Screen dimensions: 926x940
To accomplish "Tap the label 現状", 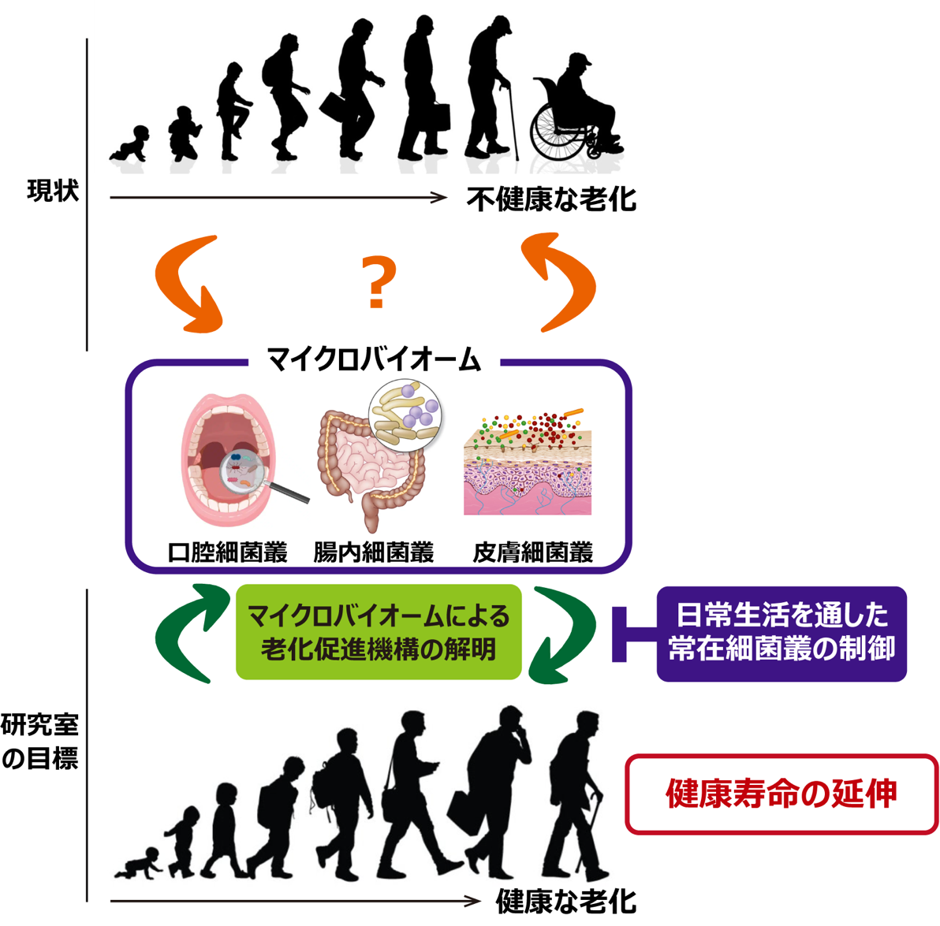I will coord(52,191).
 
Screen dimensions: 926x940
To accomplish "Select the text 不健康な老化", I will coord(551,199).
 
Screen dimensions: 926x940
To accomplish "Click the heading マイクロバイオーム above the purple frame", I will coord(374,360).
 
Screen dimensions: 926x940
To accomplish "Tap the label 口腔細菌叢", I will coord(227,552).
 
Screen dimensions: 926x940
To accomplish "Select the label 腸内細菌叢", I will coord(374,552).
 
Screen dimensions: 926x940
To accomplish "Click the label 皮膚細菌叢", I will coord(532,552).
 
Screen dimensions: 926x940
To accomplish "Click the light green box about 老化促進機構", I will coord(379,632).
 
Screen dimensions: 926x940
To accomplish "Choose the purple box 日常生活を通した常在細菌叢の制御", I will coord(781,633).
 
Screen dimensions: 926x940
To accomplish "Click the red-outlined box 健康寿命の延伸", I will coord(781,794).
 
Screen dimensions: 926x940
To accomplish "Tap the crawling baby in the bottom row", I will coord(140,863).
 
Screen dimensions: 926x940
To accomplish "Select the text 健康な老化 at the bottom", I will coord(566,901).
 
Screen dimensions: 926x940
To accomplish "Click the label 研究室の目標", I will coord(40,741).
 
